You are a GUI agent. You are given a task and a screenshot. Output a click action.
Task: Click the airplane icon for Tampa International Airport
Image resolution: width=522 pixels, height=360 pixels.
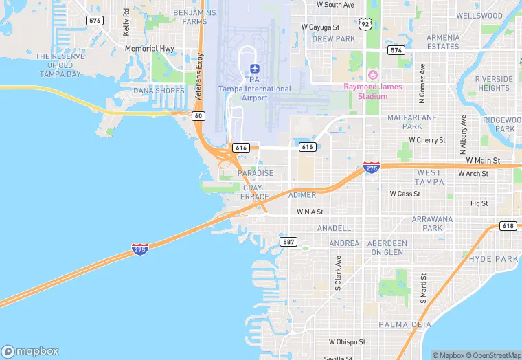[x=255, y=69]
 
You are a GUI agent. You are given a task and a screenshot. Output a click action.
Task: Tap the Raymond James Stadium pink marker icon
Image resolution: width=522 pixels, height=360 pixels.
[x=373, y=74]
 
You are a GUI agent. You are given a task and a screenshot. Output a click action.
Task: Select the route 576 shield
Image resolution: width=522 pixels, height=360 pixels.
[x=95, y=21]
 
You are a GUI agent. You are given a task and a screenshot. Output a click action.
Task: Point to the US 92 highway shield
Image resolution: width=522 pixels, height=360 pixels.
[x=365, y=24]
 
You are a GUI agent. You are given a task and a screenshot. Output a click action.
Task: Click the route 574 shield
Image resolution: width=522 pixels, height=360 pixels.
[x=396, y=50]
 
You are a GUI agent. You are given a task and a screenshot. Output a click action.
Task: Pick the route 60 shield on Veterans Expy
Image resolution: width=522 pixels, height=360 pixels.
[x=198, y=115]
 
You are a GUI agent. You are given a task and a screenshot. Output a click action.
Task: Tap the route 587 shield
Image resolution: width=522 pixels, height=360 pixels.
[x=288, y=242]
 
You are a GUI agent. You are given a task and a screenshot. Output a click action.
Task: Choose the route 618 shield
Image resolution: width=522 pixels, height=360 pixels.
[x=508, y=226]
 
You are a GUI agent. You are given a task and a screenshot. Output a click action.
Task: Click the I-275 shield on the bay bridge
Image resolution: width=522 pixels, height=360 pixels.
[x=140, y=249]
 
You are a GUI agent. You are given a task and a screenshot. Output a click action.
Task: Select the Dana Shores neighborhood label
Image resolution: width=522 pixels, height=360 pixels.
[x=159, y=91]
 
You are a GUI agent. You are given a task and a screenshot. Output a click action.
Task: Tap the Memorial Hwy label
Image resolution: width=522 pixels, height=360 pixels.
[x=149, y=49]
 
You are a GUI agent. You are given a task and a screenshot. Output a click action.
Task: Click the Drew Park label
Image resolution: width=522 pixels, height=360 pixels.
[x=333, y=39]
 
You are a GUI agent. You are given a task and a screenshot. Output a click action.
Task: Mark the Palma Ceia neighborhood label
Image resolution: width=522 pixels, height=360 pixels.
[x=404, y=324]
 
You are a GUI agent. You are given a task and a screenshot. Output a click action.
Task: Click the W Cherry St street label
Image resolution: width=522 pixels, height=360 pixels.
[x=427, y=140]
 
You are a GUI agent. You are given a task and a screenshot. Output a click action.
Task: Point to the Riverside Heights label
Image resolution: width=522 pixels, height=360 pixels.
[x=493, y=83]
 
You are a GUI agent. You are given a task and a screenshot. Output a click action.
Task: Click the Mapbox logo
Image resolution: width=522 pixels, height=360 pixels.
[x=30, y=351]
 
